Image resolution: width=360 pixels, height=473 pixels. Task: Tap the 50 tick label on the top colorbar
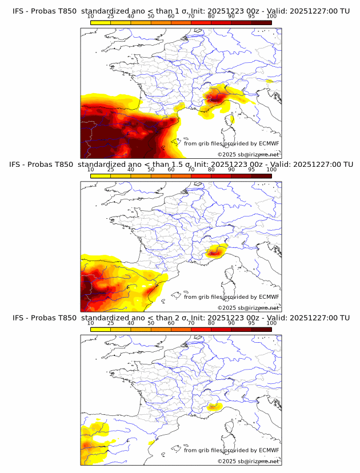(x=151, y=17)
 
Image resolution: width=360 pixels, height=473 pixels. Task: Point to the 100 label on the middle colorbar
(x=271, y=170)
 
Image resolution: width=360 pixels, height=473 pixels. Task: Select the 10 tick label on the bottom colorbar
(x=91, y=323)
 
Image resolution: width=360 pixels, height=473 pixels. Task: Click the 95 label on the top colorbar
(x=251, y=17)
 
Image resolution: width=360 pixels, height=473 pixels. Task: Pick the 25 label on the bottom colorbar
(x=111, y=323)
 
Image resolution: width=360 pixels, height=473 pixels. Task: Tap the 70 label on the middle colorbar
(x=191, y=170)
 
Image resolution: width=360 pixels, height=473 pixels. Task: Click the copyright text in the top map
(x=248, y=155)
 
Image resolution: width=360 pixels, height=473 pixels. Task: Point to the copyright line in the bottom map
(x=248, y=461)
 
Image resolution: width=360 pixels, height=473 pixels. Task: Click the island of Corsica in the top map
(x=233, y=119)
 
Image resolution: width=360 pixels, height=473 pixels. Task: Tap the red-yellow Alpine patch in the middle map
(x=215, y=250)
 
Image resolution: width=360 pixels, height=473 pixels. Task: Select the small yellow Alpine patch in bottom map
(x=215, y=407)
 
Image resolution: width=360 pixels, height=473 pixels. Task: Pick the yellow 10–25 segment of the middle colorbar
(x=101, y=175)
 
